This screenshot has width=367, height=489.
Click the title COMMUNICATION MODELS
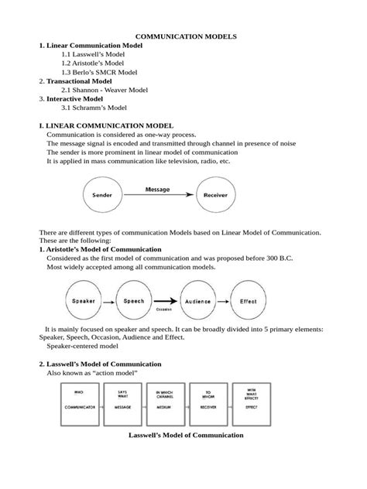click(186, 36)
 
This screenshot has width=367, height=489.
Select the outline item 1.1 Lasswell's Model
click(93, 56)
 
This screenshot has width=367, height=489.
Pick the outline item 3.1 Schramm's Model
click(94, 108)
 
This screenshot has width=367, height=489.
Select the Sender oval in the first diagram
click(102, 195)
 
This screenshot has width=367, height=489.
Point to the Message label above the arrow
click(158, 189)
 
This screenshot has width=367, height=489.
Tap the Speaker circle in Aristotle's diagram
click(85, 301)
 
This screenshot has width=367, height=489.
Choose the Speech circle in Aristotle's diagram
click(132, 301)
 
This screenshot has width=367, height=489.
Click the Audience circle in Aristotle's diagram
click(198, 301)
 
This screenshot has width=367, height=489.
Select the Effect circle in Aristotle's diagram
click(248, 301)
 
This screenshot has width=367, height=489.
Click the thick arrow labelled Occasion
click(164, 302)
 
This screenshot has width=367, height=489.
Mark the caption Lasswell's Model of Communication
click(186, 435)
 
